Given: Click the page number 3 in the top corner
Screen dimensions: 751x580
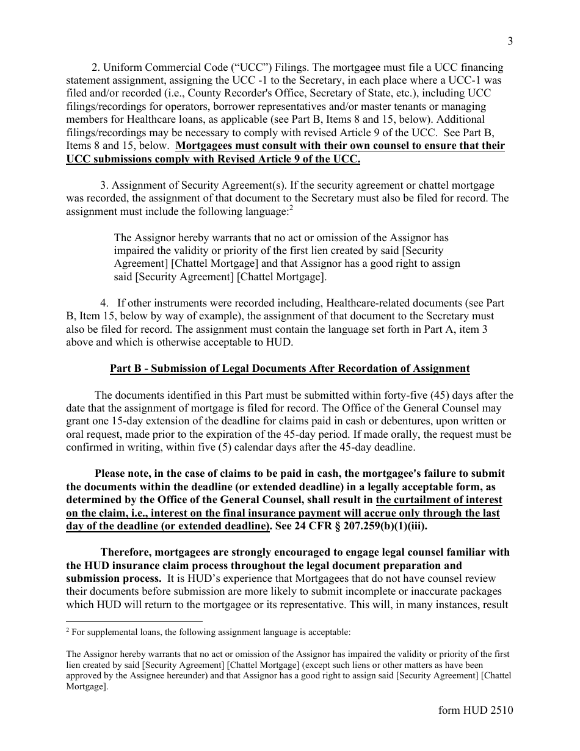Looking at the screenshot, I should pyautogui.click(x=510, y=42).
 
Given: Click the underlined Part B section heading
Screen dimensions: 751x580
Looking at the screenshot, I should pyautogui.click(x=289, y=368).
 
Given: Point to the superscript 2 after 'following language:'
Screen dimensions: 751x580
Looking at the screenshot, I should pyautogui.click(x=291, y=209).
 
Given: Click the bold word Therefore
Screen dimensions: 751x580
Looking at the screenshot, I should pyautogui.click(x=127, y=552).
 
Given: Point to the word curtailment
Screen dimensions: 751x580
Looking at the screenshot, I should pyautogui.click(x=424, y=499).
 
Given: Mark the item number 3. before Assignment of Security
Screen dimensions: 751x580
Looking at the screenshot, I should pyautogui.click(x=104, y=185).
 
